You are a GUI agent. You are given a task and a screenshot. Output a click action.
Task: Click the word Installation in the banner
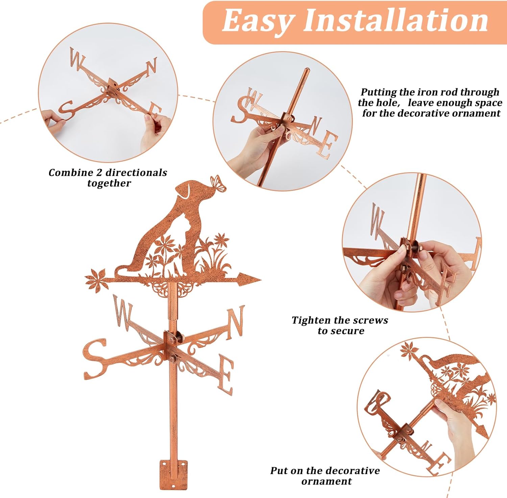(x=396, y=21)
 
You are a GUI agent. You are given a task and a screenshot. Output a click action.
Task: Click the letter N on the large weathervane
(x=235, y=322)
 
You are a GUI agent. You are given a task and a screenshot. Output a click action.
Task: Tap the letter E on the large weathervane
(x=225, y=374)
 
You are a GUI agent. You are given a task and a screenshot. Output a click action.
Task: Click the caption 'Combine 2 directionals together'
(x=108, y=178)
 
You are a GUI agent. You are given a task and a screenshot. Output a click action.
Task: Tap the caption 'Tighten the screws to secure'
(x=340, y=325)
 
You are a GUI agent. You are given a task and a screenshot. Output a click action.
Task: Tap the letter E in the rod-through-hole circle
(x=327, y=143)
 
